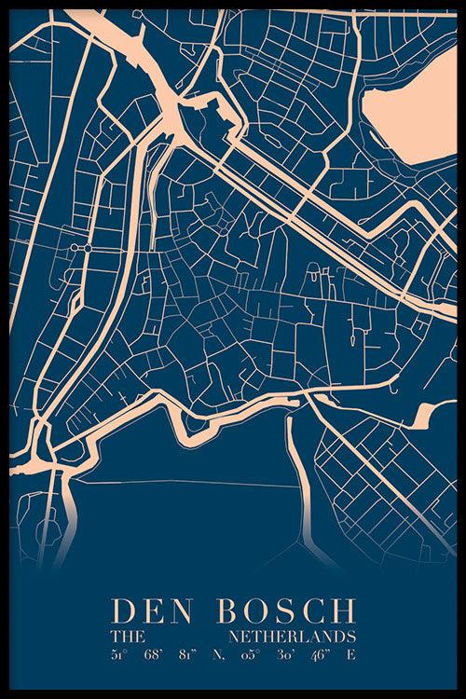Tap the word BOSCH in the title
pos(285,611)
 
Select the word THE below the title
pos(124,636)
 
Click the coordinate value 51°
pos(118,655)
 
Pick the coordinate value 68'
pos(155,655)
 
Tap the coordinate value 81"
pos(191,655)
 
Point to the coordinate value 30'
pos(285,655)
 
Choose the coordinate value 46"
pos(321,655)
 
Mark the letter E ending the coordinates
pos(352,655)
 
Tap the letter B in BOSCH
pos(227,611)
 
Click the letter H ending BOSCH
pos(344,611)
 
